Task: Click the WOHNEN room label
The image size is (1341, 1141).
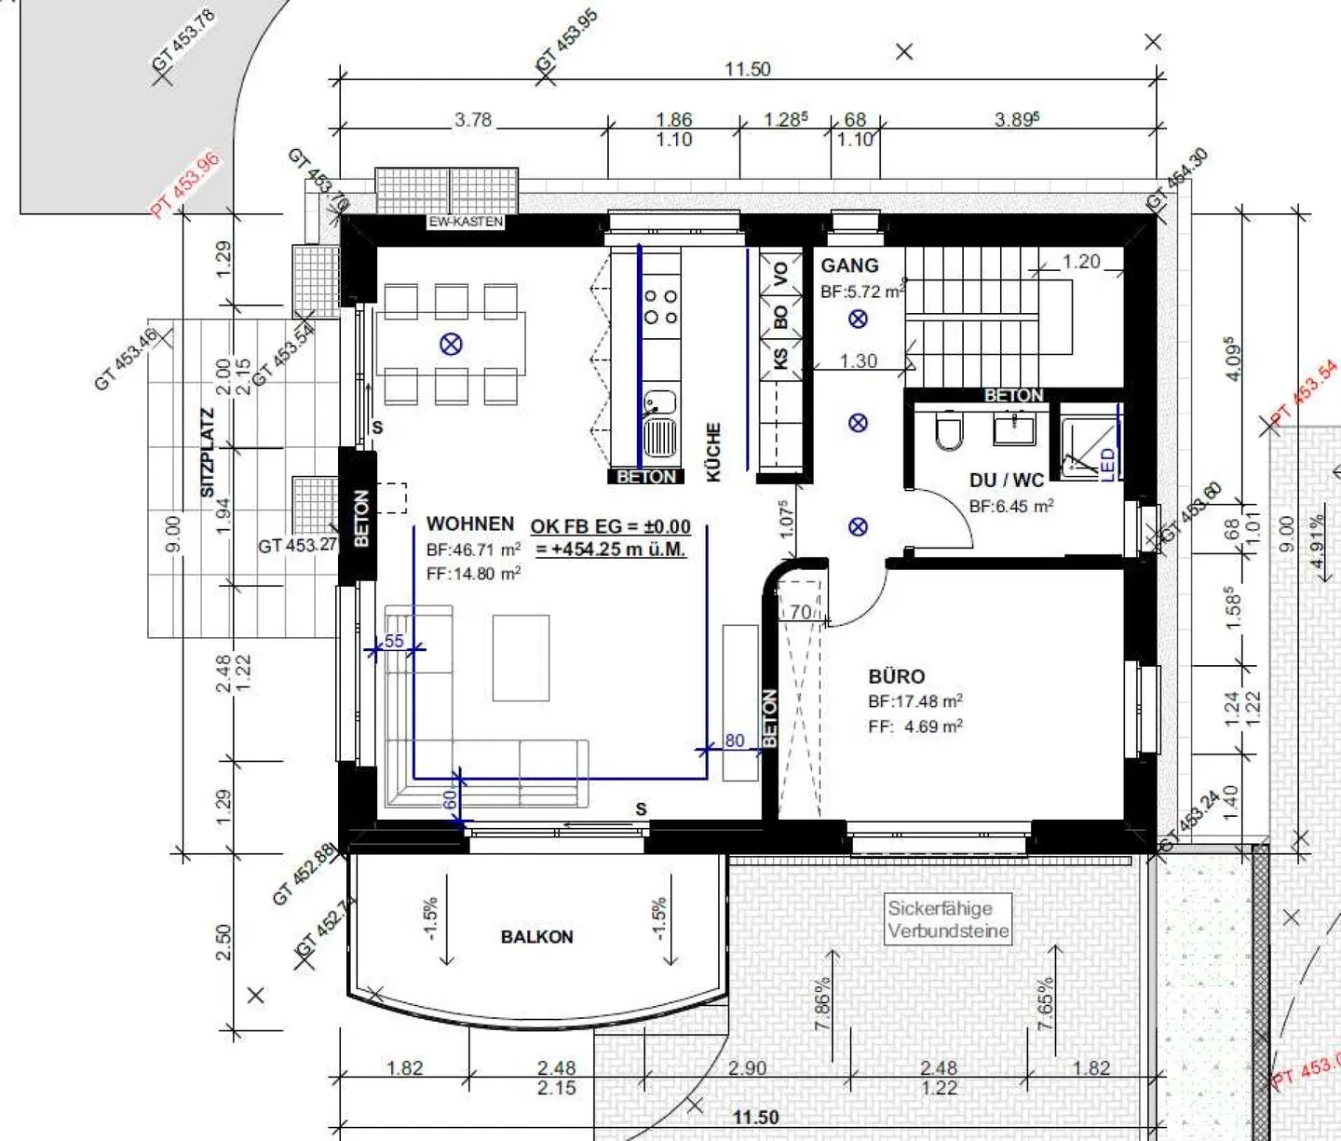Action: click(470, 524)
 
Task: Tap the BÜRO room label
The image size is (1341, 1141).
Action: click(896, 676)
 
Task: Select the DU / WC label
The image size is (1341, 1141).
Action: click(1006, 481)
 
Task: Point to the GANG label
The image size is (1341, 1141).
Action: click(849, 265)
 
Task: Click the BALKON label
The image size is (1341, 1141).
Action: click(536, 937)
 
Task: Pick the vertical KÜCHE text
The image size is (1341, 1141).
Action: click(714, 453)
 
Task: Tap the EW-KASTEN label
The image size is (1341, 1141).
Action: click(466, 222)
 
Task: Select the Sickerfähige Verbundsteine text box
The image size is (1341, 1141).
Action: click(947, 919)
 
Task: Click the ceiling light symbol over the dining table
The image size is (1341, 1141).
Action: click(451, 345)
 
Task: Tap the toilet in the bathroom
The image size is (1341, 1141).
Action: click(948, 430)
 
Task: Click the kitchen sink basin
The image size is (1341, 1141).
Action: click(660, 403)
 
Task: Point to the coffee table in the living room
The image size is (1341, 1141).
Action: click(521, 657)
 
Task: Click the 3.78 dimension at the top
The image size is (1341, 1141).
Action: click(473, 120)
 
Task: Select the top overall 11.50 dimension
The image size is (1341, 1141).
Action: click(748, 69)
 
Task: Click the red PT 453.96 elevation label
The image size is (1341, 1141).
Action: click(186, 183)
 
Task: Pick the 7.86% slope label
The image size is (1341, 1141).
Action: click(821, 1004)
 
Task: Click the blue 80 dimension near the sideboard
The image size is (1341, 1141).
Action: click(735, 740)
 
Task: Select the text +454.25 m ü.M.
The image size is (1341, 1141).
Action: click(611, 550)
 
